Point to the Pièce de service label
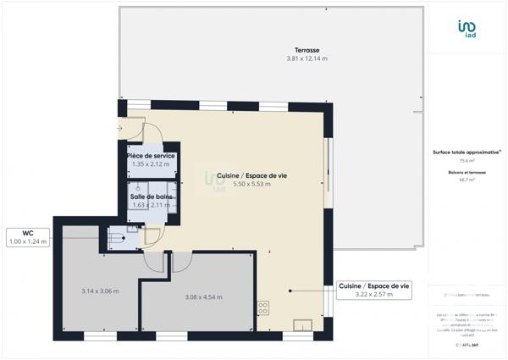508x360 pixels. point(151,157)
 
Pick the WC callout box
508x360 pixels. point(29,236)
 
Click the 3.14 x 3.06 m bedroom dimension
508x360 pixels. point(99,291)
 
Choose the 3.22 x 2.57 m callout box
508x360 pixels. point(374,291)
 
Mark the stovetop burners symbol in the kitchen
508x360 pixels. point(263,307)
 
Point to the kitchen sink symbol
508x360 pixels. point(301,324)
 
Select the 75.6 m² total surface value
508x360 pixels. point(467,160)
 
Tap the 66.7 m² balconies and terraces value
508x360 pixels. point(467,180)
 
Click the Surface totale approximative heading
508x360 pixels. point(467,152)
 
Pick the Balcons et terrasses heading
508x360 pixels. point(467,172)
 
